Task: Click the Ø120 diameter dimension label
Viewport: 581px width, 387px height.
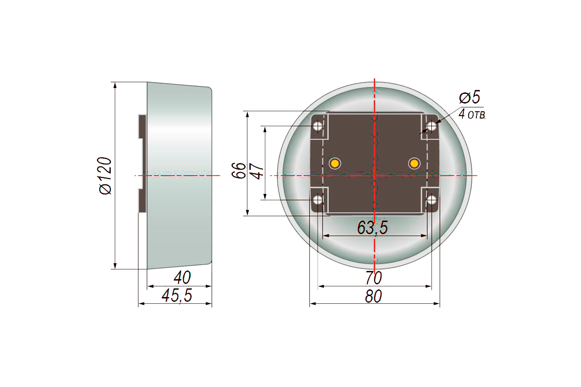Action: (106, 176)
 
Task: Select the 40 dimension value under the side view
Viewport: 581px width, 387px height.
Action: (182, 278)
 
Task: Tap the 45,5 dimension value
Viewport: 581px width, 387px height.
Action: (177, 295)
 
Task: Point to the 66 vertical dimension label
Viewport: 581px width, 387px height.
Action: (239, 170)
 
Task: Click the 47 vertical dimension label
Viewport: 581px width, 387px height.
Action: (258, 171)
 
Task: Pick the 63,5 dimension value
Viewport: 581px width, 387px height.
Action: (372, 227)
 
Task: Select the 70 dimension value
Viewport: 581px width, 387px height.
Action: (373, 278)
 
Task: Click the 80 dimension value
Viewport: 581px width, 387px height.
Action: (373, 296)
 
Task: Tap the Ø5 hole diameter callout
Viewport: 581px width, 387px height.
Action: (470, 97)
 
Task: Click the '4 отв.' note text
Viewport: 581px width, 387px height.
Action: (472, 114)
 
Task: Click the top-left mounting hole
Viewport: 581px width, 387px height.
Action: (318, 126)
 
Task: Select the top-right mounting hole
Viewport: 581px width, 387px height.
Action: (431, 126)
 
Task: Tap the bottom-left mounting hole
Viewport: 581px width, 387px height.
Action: (318, 200)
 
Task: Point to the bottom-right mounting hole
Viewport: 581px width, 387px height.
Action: (431, 200)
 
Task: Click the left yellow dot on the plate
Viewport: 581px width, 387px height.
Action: (335, 164)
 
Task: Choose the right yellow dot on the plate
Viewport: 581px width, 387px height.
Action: (414, 164)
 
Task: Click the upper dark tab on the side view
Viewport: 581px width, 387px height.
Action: (142, 126)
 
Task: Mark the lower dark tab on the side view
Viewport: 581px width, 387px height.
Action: (142, 201)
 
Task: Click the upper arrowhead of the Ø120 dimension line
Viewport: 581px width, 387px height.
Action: (115, 86)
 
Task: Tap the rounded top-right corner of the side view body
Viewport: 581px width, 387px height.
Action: (210, 89)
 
